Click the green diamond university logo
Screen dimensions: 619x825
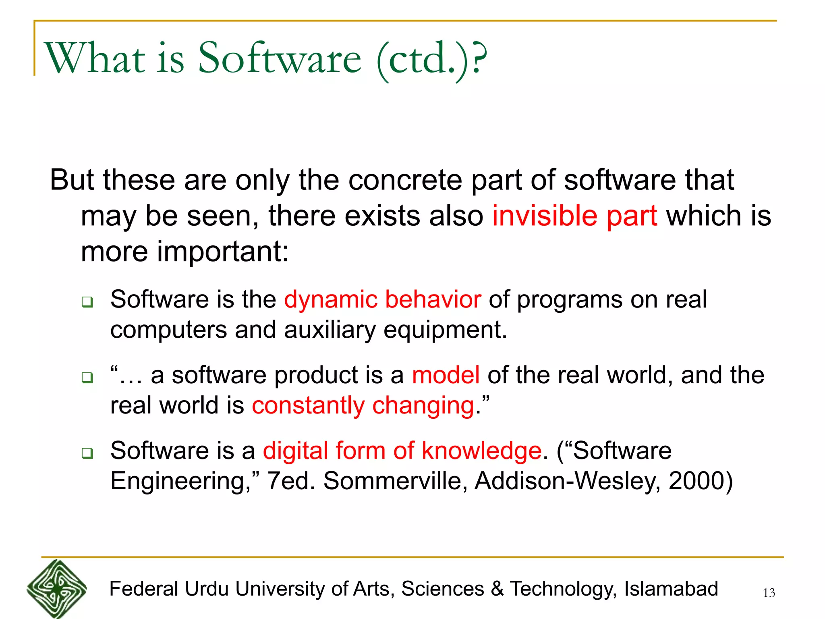[57, 589]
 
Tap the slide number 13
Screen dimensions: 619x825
[769, 593]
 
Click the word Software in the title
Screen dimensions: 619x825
[280, 58]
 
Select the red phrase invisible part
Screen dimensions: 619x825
[574, 216]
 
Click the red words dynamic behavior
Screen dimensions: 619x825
[382, 299]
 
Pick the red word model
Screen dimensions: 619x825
[446, 375]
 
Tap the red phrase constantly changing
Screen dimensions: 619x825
[363, 405]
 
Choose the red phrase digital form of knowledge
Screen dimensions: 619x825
[402, 451]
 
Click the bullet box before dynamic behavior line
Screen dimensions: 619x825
[87, 302]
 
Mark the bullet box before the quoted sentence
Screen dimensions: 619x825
[87, 378]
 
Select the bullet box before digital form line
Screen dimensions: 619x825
[87, 453]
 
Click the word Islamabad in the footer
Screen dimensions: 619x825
[671, 589]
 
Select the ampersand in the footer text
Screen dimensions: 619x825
[497, 589]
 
